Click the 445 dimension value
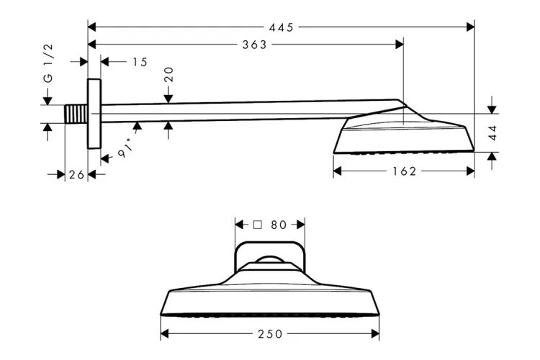[281, 27]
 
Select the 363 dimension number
[254, 45]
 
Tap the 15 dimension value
[140, 62]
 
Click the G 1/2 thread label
[48, 72]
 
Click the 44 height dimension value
[492, 132]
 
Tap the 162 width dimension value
[405, 171]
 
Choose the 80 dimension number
[279, 225]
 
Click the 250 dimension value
[270, 334]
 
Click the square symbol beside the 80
[257, 225]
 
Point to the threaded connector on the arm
[76, 114]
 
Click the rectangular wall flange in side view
[94, 113]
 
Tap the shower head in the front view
[270, 295]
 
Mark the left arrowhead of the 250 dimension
[164, 334]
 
